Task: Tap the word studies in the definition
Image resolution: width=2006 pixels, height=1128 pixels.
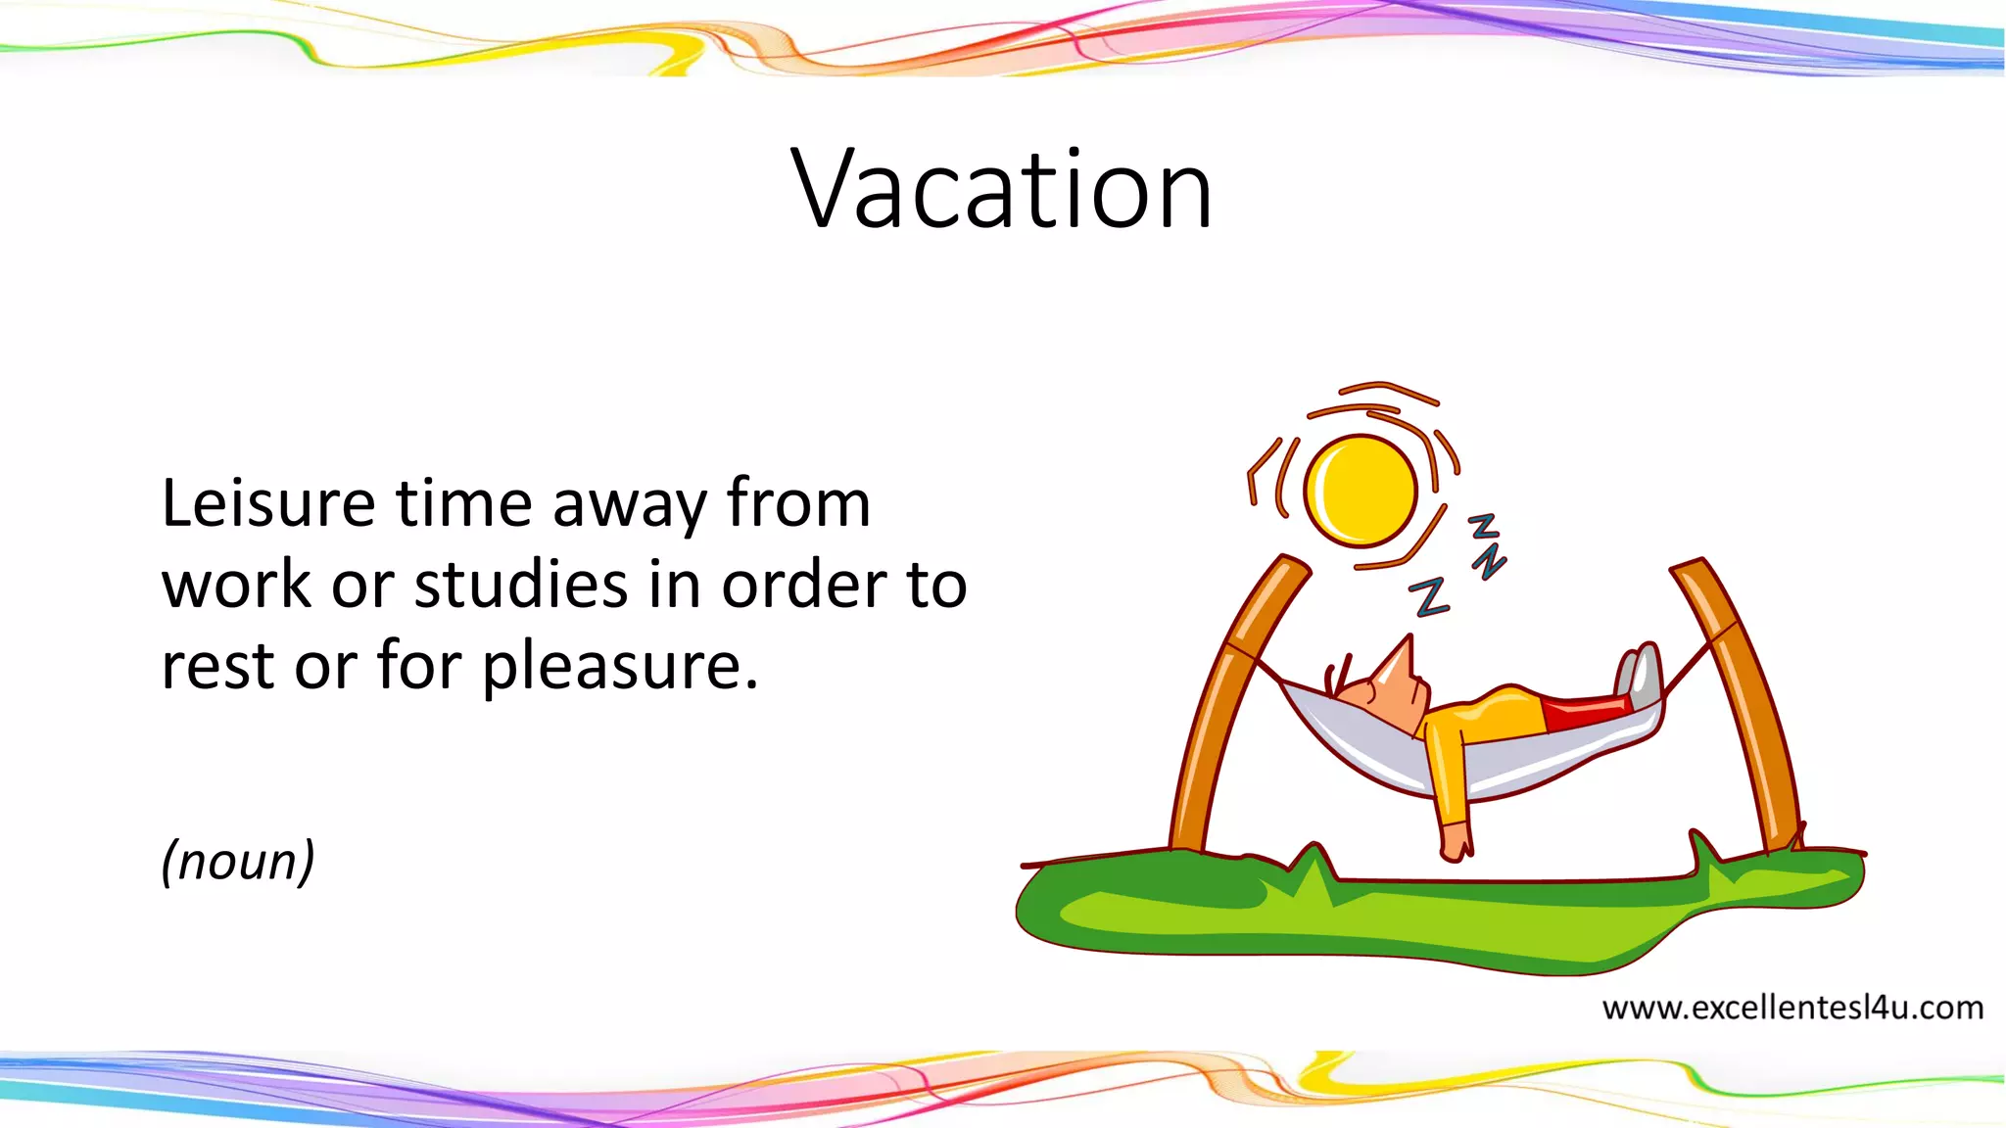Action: coord(521,586)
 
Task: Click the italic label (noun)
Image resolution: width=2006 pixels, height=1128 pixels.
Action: coord(238,861)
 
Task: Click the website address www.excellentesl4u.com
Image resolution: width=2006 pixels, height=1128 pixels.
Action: coord(1792,1008)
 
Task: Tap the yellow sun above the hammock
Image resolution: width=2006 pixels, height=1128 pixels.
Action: coord(1361,491)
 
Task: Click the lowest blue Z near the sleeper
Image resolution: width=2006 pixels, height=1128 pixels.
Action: coord(1430,597)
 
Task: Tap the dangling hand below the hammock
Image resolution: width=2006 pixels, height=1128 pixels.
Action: coord(1456,841)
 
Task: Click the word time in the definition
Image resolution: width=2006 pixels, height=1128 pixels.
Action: coord(463,505)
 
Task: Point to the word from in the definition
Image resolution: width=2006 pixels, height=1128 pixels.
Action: coord(798,505)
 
